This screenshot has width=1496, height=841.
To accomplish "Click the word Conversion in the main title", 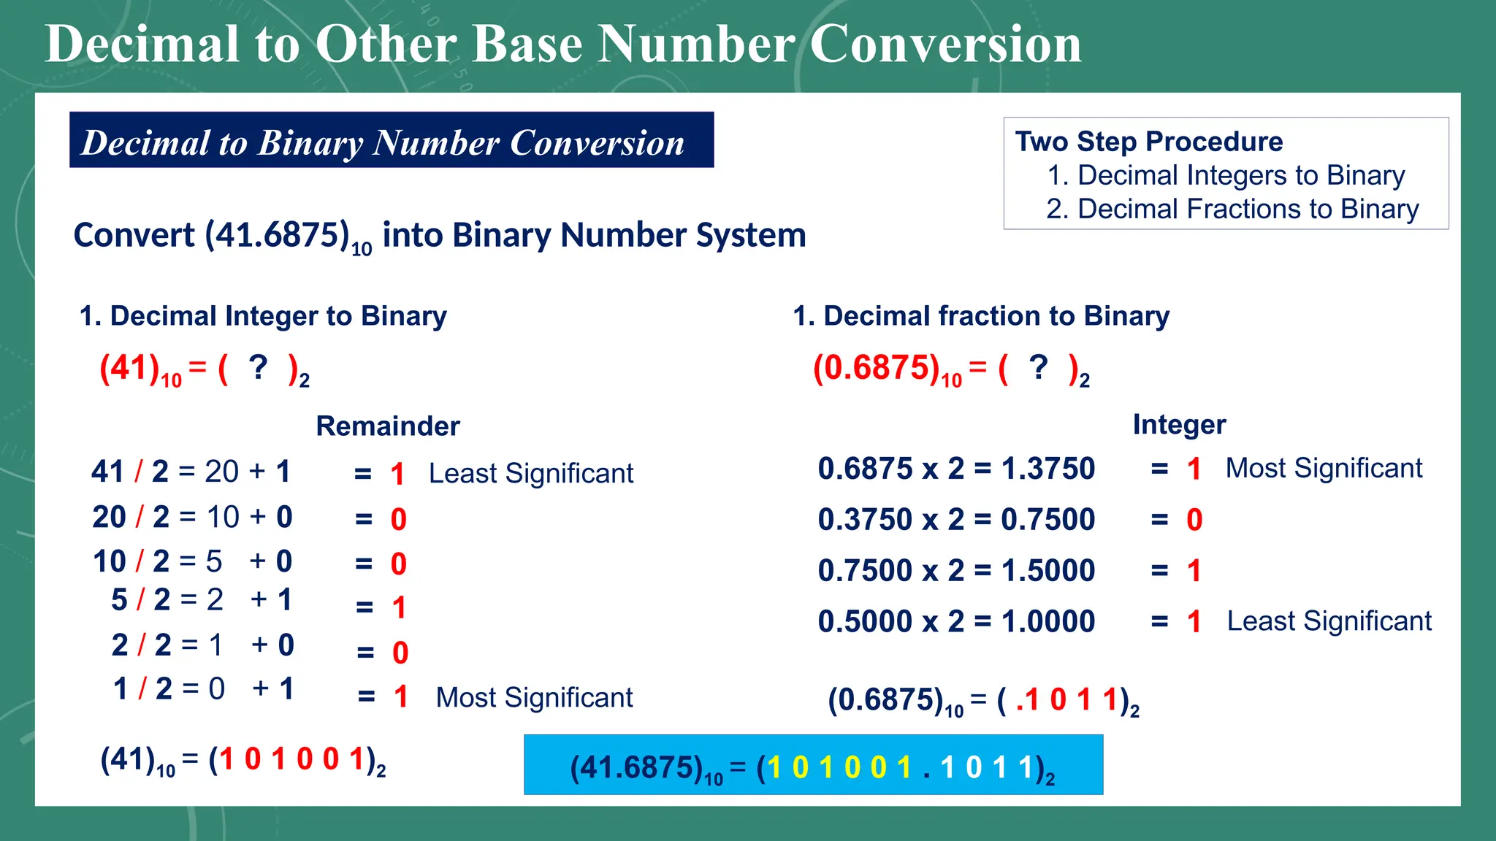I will pyautogui.click(x=945, y=44).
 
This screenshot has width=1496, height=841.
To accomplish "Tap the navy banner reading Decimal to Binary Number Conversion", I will pyautogui.click(x=391, y=140).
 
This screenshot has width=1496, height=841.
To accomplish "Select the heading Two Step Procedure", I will pyautogui.click(x=1148, y=142).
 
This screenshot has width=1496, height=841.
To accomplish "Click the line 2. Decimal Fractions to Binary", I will pyautogui.click(x=1232, y=210).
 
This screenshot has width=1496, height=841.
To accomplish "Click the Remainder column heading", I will pyautogui.click(x=388, y=426).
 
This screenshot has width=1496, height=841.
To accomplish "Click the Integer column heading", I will pyautogui.click(x=1179, y=425).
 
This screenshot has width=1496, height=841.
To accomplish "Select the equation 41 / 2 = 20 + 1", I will pyautogui.click(x=191, y=472).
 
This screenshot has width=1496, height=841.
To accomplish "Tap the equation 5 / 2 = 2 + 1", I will pyautogui.click(x=202, y=600).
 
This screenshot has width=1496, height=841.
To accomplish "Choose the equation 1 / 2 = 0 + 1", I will pyautogui.click(x=203, y=689).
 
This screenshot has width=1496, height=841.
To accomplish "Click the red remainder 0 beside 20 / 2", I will pyautogui.click(x=398, y=520).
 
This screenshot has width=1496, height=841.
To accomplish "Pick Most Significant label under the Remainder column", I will pyautogui.click(x=534, y=698).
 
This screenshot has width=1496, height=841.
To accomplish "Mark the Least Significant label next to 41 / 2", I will pyautogui.click(x=531, y=474).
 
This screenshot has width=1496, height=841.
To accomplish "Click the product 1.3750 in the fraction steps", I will pyautogui.click(x=1048, y=469).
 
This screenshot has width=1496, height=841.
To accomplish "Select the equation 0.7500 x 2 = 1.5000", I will pyautogui.click(x=955, y=571).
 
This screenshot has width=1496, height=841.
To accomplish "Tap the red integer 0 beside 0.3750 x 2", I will pyautogui.click(x=1194, y=520).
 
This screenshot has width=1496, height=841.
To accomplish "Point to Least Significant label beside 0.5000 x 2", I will pyautogui.click(x=1329, y=621).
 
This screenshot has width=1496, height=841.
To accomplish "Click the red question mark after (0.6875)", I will pyautogui.click(x=1038, y=367).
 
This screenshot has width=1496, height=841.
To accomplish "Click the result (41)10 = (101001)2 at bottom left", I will pyautogui.click(x=243, y=761).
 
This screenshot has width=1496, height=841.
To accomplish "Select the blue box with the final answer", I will pyautogui.click(x=813, y=765).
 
